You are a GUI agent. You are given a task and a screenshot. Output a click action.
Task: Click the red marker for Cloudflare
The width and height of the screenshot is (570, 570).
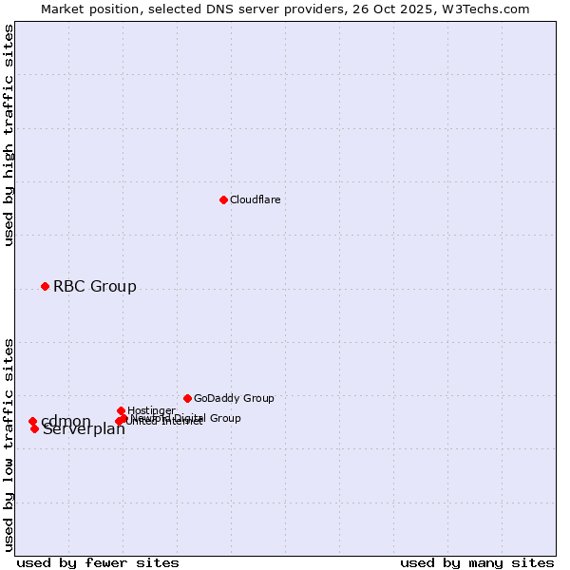(223, 199)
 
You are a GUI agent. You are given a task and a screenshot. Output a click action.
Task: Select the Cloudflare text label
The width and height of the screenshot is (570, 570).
(255, 199)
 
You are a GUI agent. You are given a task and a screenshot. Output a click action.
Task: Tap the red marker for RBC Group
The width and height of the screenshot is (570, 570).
(45, 286)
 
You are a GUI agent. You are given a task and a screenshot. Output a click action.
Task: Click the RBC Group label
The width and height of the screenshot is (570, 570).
(94, 286)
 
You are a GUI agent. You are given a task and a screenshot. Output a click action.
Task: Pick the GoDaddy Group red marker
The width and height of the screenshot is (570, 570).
(187, 398)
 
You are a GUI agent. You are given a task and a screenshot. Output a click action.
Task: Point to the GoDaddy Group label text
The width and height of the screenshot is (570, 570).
(234, 398)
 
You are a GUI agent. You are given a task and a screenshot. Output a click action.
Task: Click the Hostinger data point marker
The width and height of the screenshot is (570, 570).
(121, 410)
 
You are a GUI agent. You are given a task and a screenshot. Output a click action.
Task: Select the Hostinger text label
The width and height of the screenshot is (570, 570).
(151, 410)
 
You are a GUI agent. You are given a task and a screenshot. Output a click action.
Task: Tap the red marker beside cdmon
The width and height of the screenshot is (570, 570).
(32, 421)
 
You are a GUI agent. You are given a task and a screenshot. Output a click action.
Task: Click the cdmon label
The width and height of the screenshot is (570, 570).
(66, 421)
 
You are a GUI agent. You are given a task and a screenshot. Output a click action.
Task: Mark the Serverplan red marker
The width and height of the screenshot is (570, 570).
(34, 428)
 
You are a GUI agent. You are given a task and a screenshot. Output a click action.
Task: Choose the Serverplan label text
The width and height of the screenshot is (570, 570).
(84, 429)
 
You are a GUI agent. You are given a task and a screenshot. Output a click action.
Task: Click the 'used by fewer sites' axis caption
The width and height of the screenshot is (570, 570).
(98, 562)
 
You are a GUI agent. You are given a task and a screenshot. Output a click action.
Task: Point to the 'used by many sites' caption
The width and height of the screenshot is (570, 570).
(477, 562)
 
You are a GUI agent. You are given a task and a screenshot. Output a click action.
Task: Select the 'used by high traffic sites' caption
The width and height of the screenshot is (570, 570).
(9, 135)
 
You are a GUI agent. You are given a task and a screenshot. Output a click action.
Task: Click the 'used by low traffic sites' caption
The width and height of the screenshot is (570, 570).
(9, 444)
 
